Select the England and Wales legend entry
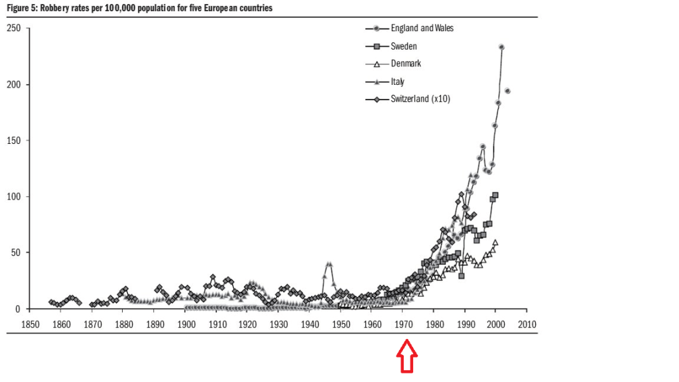click(422, 28)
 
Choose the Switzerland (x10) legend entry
click(421, 99)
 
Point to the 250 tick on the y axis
click(13, 29)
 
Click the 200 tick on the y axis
click(13, 85)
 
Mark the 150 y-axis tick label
click(13, 141)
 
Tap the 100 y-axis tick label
click(13, 197)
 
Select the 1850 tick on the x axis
click(30, 324)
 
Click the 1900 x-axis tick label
click(186, 324)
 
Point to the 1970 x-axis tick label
click(403, 324)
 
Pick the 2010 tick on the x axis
click(527, 324)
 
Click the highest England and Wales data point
click(501, 47)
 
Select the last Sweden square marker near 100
click(495, 195)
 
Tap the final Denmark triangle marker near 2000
click(495, 243)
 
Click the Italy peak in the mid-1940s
click(329, 264)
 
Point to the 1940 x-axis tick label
click(310, 324)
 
